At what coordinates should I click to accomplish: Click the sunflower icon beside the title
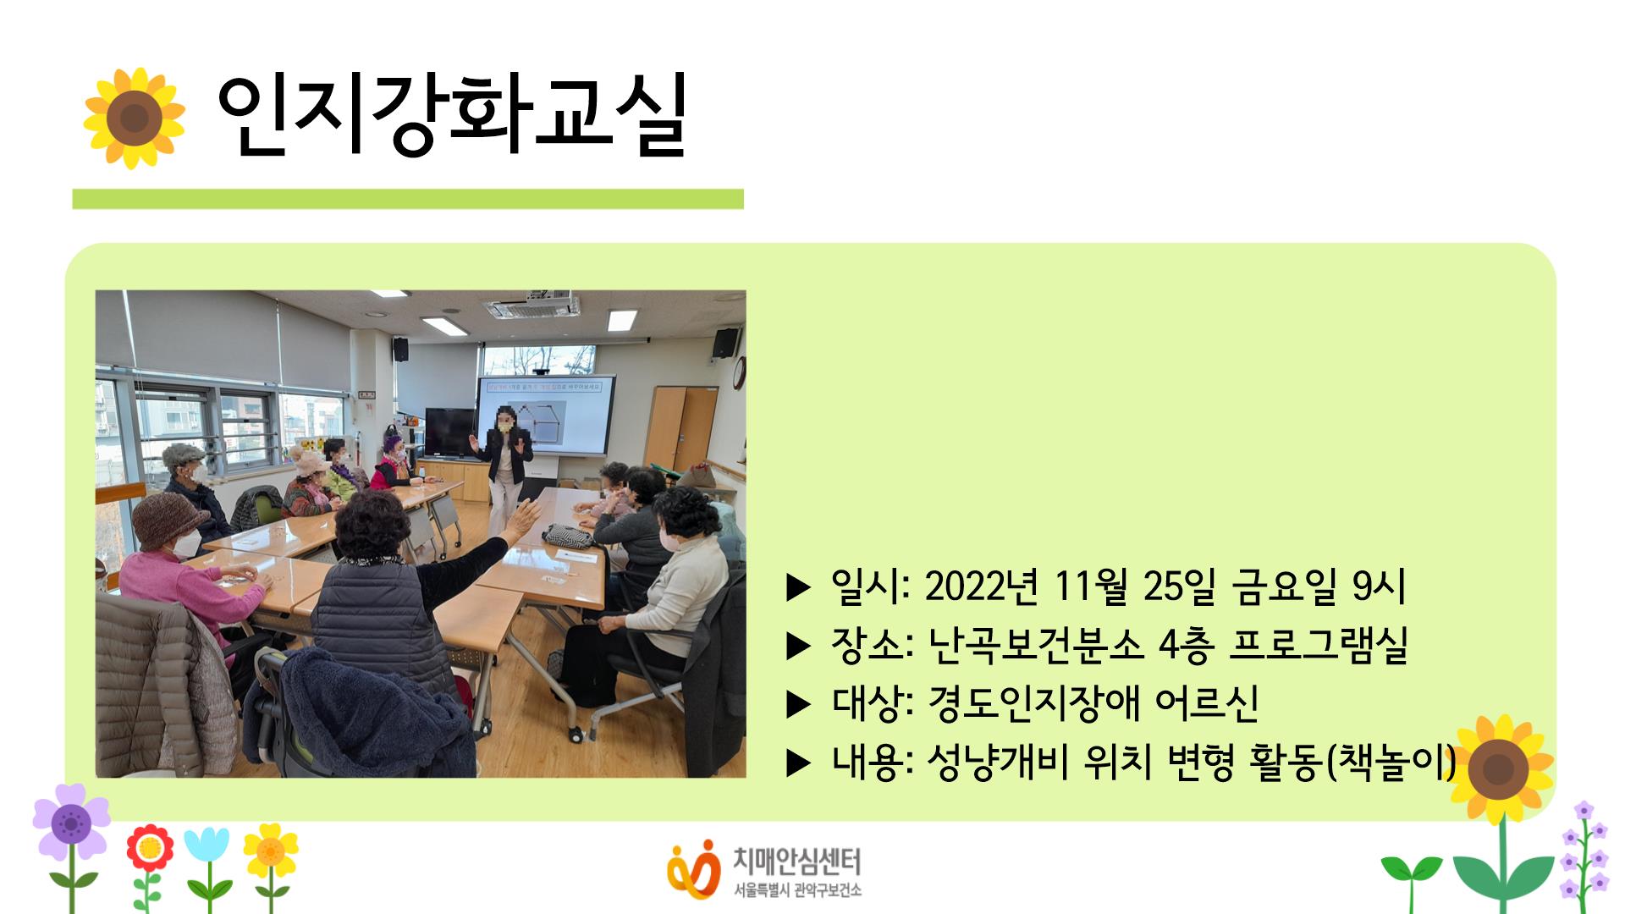pos(134,118)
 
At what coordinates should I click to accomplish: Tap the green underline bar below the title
pos(407,199)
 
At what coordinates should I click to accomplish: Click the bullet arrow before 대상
pos(798,704)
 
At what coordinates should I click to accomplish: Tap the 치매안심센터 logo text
pos(796,862)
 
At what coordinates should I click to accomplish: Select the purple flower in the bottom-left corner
pos(71,821)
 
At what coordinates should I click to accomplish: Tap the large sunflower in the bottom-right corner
pos(1498,770)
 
